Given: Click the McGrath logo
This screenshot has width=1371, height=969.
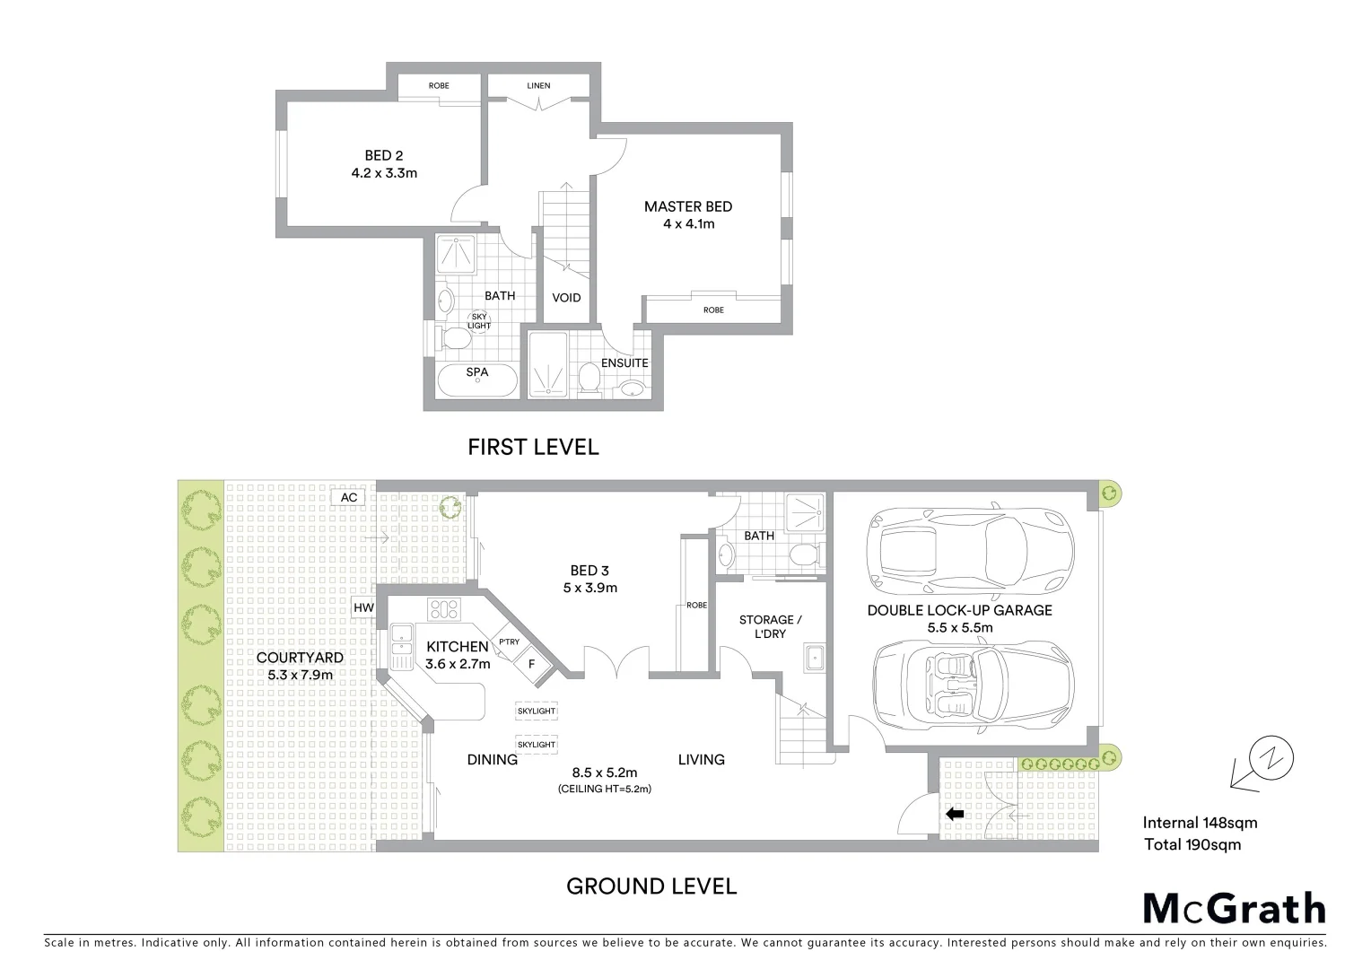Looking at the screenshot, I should click(1234, 909).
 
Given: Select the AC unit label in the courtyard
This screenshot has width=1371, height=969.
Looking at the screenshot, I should click(349, 497).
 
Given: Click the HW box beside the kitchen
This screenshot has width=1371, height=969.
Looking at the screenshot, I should click(363, 608).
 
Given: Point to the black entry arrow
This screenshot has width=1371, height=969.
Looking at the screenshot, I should click(955, 814).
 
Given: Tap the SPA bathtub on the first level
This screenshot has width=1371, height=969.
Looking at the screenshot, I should click(477, 380).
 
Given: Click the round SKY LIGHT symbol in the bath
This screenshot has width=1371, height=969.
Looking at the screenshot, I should click(479, 320).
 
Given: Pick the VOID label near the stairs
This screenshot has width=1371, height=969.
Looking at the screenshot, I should click(566, 298).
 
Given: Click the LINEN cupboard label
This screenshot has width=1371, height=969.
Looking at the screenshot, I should click(538, 86).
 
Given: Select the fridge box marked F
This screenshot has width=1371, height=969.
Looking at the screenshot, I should click(531, 665).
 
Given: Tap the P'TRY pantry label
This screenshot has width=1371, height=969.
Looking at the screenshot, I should click(509, 642).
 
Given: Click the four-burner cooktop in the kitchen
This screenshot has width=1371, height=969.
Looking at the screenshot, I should click(444, 610).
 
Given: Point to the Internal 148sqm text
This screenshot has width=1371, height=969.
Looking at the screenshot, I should click(1200, 823).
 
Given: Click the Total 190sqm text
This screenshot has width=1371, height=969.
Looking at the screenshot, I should click(1192, 844).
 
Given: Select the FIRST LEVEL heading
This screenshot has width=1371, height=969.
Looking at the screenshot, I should click(533, 447).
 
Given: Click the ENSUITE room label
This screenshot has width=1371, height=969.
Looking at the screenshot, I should click(624, 363).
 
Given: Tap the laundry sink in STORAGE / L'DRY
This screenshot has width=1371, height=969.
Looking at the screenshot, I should click(816, 658).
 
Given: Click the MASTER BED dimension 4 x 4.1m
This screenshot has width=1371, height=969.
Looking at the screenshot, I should click(688, 224).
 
